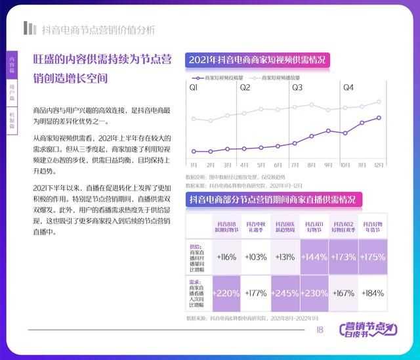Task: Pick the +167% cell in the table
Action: pos(343,293)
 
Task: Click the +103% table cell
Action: pos(256,257)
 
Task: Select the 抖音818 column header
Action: pos(224,227)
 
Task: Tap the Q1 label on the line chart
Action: pos(194,87)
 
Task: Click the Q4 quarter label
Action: pos(348,87)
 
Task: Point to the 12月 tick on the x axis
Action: pos(379,164)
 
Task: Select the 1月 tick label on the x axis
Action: pos(194,164)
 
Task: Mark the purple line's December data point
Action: pos(379,118)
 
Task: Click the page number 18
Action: pos(320,330)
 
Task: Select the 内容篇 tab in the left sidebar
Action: pos(12,64)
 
